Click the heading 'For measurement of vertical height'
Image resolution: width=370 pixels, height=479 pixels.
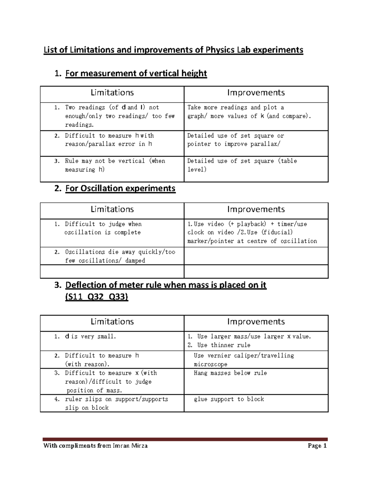click(136, 73)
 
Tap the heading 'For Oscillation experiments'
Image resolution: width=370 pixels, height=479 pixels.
click(120, 188)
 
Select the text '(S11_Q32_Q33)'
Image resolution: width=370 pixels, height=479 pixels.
click(97, 297)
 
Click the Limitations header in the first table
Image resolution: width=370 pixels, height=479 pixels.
click(112, 93)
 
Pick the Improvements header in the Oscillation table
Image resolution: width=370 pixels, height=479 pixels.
click(256, 209)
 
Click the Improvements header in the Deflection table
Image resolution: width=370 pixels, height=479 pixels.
click(256, 322)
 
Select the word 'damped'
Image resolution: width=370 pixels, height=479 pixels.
click(135, 261)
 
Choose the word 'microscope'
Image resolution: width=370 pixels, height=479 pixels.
click(211, 365)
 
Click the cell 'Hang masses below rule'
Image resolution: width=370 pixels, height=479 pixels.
click(230, 373)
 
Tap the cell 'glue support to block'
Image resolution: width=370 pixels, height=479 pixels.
click(229, 399)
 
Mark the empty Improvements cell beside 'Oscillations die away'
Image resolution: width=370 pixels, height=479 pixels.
click(256, 256)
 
